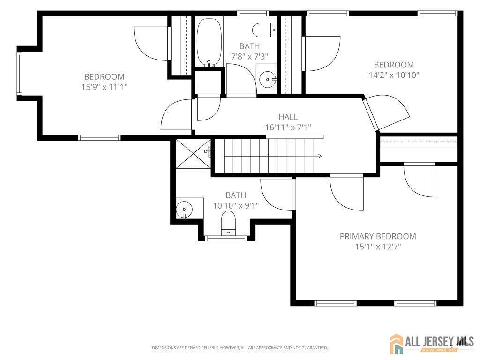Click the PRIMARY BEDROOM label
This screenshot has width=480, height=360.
[378, 236]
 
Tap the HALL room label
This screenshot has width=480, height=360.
[288, 117]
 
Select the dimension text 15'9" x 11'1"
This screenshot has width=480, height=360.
[104, 87]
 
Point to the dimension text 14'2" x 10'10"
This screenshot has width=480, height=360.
[394, 75]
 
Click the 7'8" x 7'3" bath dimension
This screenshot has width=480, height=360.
[250, 57]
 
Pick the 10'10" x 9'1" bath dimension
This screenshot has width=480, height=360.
[236, 205]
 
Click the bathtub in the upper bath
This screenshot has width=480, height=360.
[209, 43]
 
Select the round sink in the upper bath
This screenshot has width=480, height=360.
[267, 79]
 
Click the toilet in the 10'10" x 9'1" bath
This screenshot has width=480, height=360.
[228, 223]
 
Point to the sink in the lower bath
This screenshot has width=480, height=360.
[184, 209]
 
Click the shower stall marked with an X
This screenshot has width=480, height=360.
[193, 153]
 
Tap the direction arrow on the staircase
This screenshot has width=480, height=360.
[320, 156]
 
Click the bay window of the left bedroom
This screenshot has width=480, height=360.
[19, 74]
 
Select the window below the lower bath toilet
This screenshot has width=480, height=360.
[226, 238]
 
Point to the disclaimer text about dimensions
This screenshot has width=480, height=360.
[240, 348]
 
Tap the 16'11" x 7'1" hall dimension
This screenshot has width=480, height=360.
[288, 127]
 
